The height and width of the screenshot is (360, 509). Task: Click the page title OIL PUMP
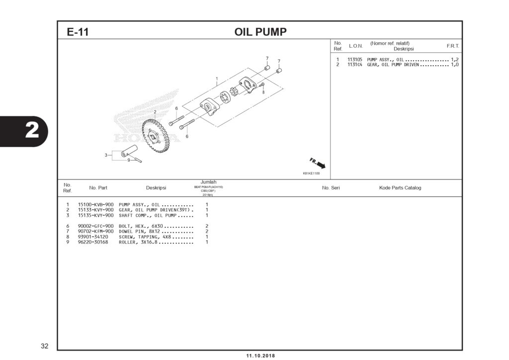tap(260, 32)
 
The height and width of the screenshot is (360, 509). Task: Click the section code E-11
tap(78, 32)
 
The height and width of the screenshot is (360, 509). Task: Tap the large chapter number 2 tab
tap(31, 131)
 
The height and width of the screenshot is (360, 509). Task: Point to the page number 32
tap(45, 345)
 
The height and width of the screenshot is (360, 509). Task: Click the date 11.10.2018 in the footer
tap(260, 356)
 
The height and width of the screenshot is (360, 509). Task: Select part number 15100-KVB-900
tap(96, 205)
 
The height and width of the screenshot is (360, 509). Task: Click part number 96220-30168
tap(96, 242)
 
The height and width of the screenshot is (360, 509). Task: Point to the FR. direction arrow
tap(318, 164)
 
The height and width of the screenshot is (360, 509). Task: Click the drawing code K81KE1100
tap(311, 174)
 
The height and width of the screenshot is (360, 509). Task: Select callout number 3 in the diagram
tap(106, 155)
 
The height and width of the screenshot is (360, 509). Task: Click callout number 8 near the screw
tap(263, 92)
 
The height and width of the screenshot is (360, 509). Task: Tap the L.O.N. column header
tap(355, 46)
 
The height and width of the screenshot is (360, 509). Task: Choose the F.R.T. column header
tap(452, 46)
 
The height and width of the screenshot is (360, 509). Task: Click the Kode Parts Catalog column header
tap(400, 188)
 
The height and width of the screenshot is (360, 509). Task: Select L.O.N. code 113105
tap(354, 60)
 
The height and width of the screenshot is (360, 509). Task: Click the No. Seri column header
tap(331, 188)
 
